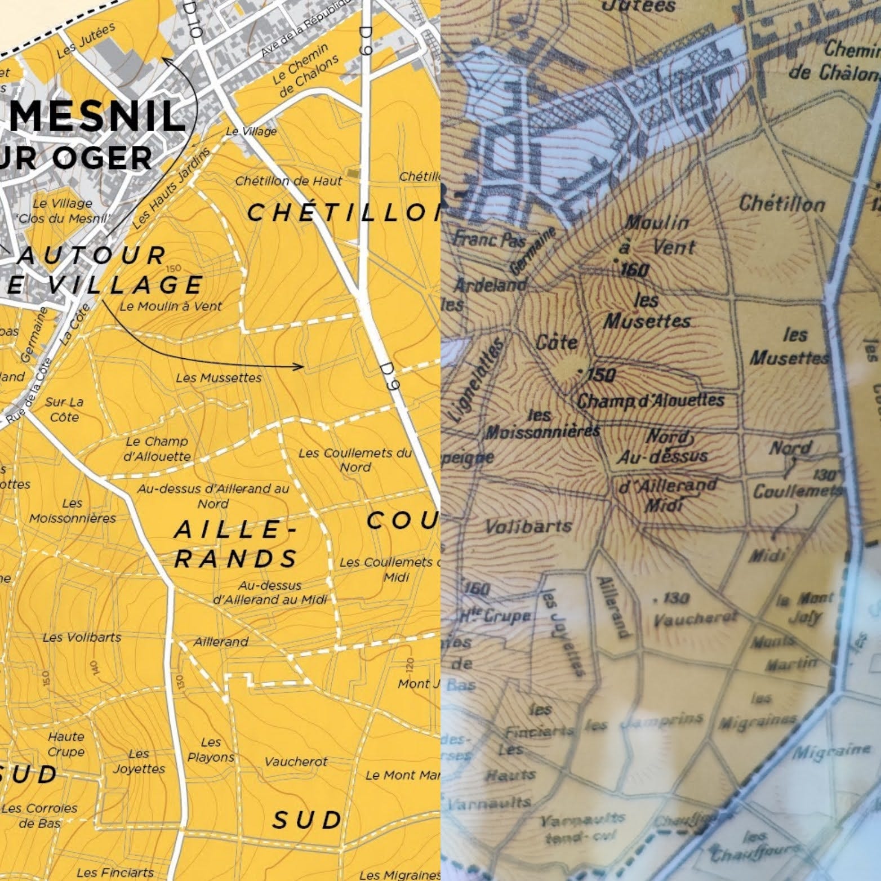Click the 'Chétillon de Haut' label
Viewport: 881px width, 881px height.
[288, 181]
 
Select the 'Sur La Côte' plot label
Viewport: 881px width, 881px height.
[64, 410]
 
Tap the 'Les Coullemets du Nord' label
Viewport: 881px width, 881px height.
[355, 460]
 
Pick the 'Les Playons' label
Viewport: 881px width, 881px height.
[211, 750]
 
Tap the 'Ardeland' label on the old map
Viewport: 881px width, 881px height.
[489, 285]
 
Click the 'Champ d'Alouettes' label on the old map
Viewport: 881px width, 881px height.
[651, 401]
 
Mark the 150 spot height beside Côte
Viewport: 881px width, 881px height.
[598, 374]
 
